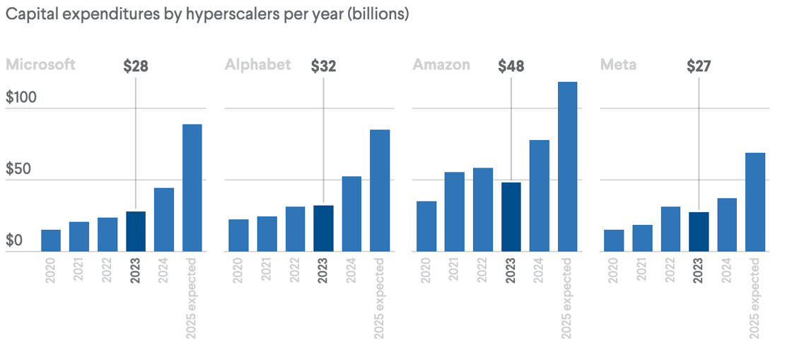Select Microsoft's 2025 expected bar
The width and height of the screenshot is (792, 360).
pos(192,187)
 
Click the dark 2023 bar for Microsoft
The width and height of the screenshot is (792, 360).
pos(136,231)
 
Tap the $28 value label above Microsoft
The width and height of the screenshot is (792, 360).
pos(136,66)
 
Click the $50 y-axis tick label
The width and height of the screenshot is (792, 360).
pos(21,170)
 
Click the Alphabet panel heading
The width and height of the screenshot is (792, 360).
pos(257,65)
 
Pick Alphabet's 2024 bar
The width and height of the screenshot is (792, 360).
pos(351,214)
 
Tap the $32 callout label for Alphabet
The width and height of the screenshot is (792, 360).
pos(323,66)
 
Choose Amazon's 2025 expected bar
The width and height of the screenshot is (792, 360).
pos(567,166)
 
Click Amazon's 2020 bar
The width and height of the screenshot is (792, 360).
pos(426,226)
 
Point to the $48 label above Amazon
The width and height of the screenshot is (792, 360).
pos(511,66)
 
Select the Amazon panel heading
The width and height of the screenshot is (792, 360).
pos(441,65)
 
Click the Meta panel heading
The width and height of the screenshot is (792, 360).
pos(618,65)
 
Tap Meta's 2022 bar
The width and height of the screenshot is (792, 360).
pos(670,228)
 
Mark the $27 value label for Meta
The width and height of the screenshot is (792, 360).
pos(699,66)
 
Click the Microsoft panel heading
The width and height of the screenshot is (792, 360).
pos(40,65)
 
